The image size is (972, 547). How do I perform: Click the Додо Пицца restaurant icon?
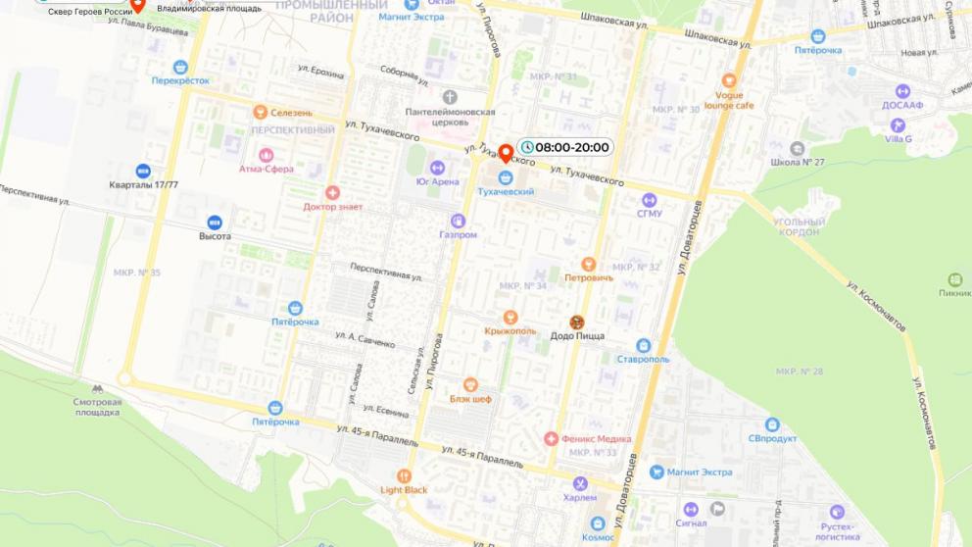(577, 322)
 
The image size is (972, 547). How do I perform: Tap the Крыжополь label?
(510, 331)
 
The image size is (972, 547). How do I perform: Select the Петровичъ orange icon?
(588, 264)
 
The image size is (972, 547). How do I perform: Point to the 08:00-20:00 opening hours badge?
(564, 148)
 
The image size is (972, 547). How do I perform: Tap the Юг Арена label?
(437, 181)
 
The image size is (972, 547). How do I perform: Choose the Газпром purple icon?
(458, 221)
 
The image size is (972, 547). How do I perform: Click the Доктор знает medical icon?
(332, 193)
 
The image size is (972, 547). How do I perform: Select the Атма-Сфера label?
(265, 169)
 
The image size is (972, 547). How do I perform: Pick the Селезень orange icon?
(260, 112)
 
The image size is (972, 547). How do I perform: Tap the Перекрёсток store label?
(180, 80)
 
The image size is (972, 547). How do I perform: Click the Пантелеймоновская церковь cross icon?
(450, 97)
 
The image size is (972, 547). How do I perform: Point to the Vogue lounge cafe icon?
(728, 81)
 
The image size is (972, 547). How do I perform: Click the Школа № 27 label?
(798, 163)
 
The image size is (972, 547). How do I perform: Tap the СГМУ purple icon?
(649, 200)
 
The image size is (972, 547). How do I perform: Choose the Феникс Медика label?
(596, 439)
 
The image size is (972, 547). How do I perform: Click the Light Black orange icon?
(404, 475)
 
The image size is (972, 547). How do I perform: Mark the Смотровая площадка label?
(98, 407)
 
